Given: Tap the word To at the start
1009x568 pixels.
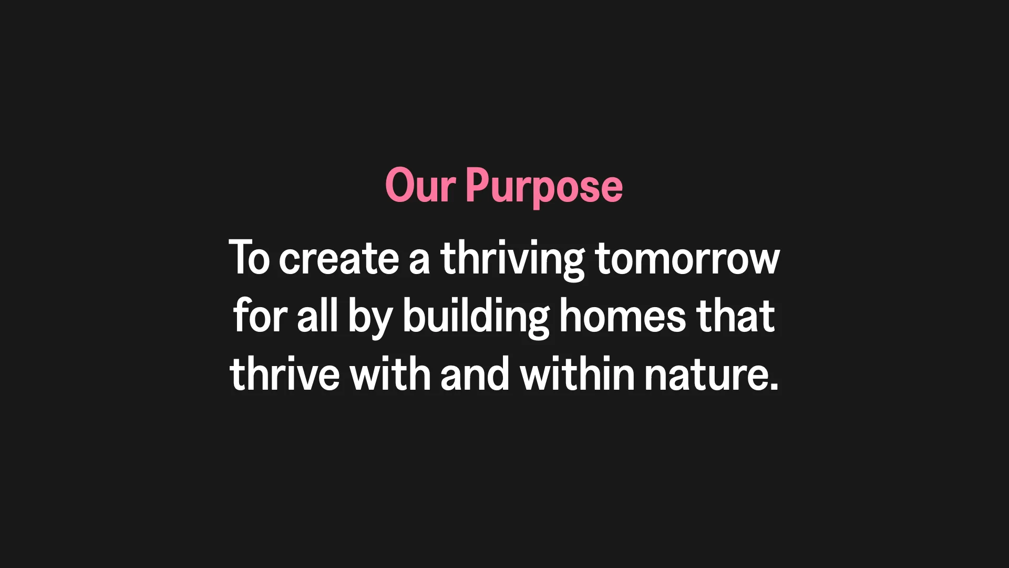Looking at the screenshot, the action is click(x=250, y=258).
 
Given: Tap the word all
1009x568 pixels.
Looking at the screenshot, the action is click(x=317, y=316).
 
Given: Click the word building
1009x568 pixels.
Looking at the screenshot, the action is click(x=476, y=318).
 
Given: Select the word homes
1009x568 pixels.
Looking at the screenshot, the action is click(x=623, y=316).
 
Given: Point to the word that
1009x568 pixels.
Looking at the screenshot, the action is click(x=736, y=316).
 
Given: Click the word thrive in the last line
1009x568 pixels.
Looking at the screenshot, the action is click(x=284, y=373).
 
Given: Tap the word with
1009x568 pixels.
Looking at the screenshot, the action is click(x=390, y=373).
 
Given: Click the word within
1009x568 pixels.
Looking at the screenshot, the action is click(x=577, y=373).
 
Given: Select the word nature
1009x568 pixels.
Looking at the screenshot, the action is click(x=706, y=374).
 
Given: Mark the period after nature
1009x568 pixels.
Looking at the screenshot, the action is click(x=773, y=386).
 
